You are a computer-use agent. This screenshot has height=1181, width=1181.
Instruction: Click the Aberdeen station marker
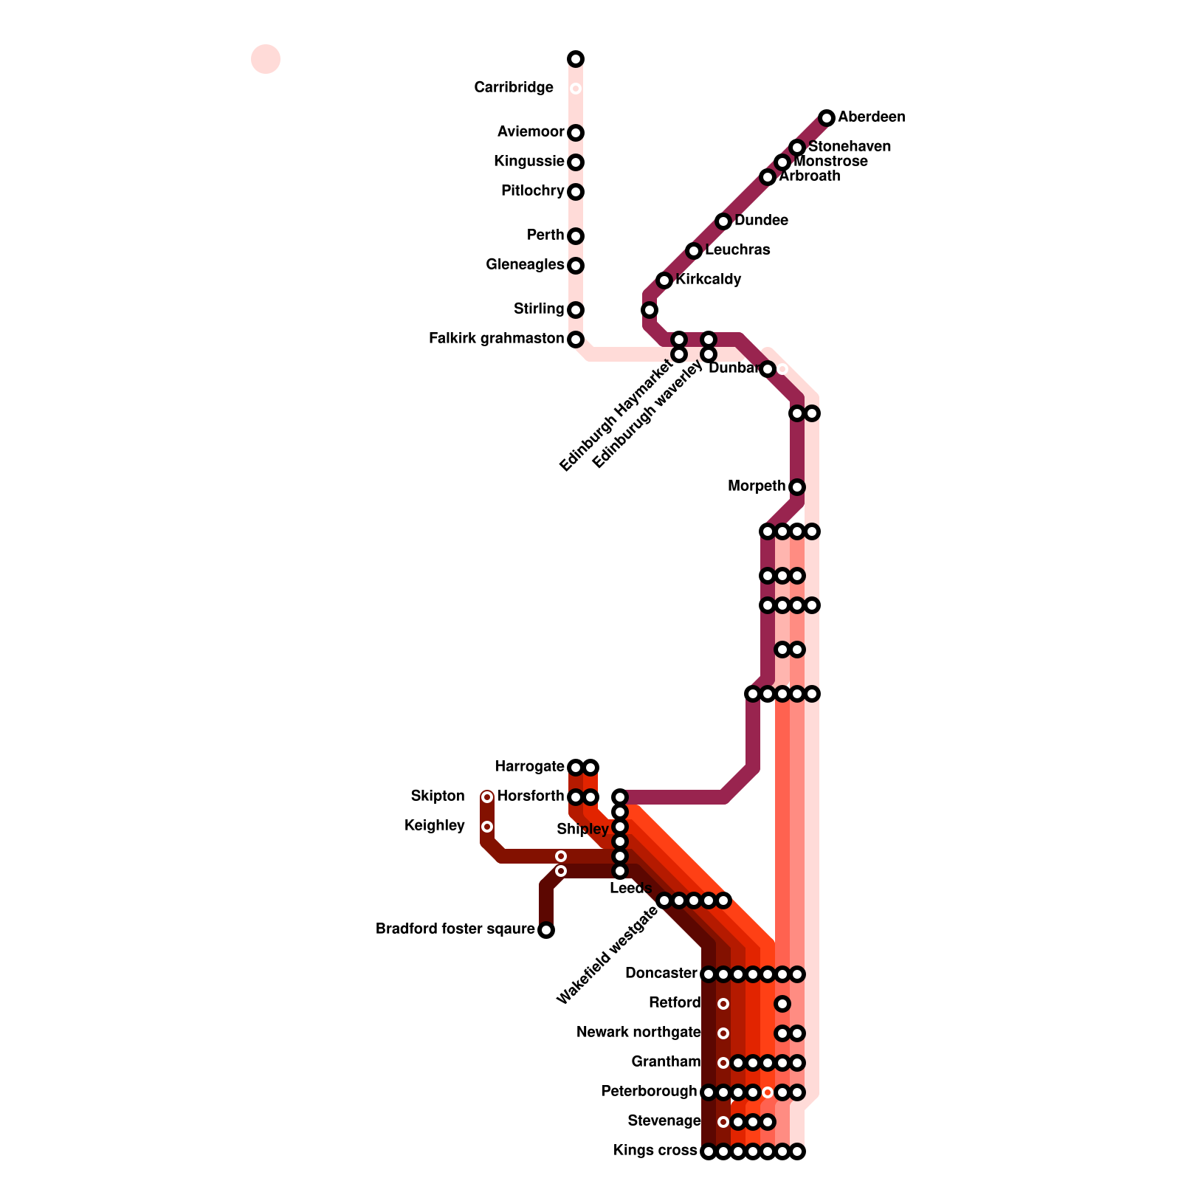pos(827,118)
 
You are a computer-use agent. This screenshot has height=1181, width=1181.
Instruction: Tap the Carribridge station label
pos(514,88)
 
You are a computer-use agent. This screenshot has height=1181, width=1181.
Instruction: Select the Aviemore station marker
pos(576,133)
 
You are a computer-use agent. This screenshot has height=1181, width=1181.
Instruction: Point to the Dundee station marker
pos(723,221)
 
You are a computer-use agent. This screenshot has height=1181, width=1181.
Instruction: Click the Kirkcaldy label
pos(709,280)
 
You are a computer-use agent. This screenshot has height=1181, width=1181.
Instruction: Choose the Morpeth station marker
pos(797,487)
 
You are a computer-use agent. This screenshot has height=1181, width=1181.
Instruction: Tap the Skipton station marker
pos(487,797)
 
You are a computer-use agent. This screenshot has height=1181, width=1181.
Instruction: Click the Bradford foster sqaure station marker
pos(546,930)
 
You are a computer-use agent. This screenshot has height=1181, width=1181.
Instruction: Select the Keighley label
pos(435,826)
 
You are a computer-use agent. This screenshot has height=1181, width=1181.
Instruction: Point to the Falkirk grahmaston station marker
pos(576,340)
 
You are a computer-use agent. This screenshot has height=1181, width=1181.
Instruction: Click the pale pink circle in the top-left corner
pos(266,59)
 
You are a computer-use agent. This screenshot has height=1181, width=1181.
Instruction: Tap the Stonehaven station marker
pos(797,148)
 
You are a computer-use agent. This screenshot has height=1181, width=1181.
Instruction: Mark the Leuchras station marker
pos(694,251)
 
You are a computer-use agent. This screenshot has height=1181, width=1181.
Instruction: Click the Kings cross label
pos(655,1151)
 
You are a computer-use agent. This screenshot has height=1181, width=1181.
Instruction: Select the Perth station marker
pos(576,236)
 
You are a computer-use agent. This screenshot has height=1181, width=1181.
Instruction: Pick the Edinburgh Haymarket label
pos(616,413)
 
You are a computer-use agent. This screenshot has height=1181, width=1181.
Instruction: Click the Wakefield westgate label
pos(607,956)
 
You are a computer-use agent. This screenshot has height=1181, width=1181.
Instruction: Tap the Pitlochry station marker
pos(576,192)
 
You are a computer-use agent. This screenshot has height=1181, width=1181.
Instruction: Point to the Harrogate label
pos(530,767)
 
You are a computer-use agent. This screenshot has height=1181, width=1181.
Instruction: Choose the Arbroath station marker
pos(768,177)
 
